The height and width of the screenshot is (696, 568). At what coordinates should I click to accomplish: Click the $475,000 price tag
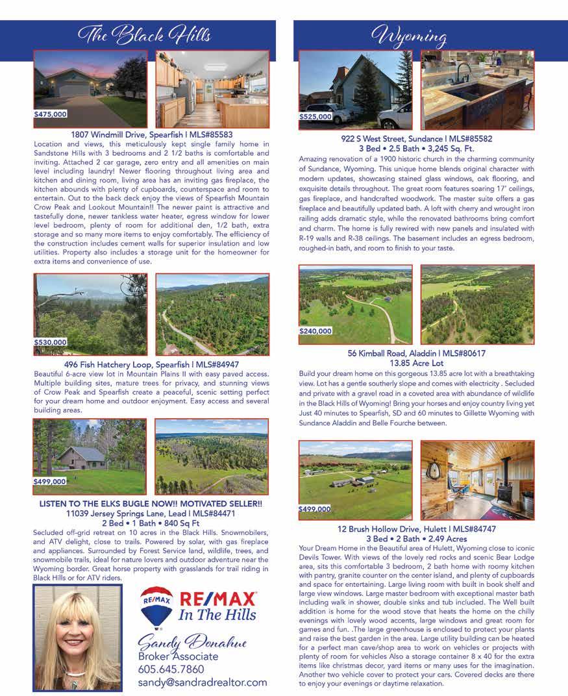[51, 114]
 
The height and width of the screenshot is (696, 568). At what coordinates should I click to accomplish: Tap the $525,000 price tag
[315, 117]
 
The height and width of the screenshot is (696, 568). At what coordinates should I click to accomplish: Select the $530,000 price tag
[51, 342]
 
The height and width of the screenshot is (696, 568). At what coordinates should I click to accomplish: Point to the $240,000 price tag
[315, 331]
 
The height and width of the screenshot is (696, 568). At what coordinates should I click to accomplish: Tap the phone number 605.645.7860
[171, 669]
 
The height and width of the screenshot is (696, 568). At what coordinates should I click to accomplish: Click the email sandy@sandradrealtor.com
[202, 682]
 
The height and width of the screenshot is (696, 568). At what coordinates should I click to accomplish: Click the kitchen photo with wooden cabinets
[212, 90]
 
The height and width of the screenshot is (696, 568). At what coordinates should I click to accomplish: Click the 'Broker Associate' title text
[177, 656]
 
